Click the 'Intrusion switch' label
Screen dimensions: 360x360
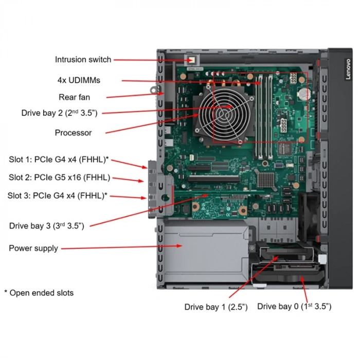tap(83, 60)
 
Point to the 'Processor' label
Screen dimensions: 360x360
tap(73, 133)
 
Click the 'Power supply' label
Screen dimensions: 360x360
tap(33, 248)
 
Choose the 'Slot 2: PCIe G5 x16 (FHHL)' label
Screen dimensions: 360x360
tap(59, 177)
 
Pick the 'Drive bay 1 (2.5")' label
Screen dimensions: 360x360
tap(216, 307)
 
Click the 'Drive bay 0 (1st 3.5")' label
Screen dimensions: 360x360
tap(294, 307)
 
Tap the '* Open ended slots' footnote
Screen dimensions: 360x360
tap(39, 293)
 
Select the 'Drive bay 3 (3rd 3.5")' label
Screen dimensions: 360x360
tap(46, 226)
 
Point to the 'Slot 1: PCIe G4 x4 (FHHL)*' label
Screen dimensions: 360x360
tap(58, 159)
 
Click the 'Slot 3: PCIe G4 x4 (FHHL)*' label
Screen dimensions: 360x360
tap(58, 195)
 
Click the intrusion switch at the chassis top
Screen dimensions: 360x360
tap(191, 60)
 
